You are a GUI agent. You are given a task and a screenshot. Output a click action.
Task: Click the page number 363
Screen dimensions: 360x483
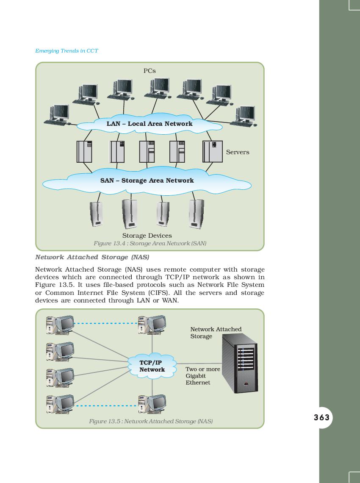point(321,417)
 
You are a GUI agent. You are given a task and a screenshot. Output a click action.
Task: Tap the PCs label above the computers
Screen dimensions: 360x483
point(150,71)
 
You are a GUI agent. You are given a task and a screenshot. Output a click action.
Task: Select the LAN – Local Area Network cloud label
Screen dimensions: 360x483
point(150,124)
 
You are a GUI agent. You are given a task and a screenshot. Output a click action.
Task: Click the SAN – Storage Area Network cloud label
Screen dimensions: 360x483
point(147,180)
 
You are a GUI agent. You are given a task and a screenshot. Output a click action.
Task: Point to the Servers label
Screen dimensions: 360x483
point(238,152)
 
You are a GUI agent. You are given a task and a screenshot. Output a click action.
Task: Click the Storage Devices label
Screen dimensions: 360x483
point(147,236)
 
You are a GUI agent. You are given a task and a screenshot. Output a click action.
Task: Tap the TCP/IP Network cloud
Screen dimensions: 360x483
point(152,366)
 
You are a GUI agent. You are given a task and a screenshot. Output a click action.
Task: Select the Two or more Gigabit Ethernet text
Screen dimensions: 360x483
point(202,376)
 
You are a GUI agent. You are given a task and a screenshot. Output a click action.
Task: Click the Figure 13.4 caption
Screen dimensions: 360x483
point(150,243)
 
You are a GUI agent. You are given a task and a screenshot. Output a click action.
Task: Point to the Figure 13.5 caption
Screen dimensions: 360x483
point(151,421)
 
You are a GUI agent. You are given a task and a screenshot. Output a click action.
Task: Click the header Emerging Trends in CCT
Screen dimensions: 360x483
point(66,51)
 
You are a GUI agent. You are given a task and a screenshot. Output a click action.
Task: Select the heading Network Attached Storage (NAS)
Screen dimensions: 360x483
point(92,257)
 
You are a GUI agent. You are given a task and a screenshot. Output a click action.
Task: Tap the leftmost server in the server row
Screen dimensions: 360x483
point(84,151)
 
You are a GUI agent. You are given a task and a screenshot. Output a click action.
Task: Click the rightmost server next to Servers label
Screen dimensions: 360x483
point(213,151)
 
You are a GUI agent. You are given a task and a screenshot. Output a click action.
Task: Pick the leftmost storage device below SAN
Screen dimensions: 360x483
point(97,214)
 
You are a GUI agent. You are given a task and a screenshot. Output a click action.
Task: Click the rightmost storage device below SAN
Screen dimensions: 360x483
point(196,214)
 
